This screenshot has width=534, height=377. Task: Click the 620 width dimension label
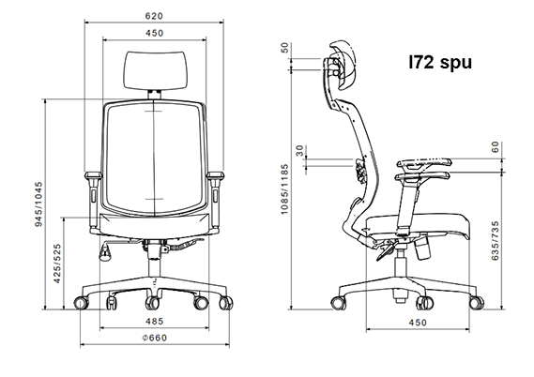point(154,16)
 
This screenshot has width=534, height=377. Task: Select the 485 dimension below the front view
point(155,321)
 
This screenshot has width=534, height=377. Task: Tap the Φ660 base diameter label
point(155,338)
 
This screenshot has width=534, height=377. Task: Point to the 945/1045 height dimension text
point(38,204)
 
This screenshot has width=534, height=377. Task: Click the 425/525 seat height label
point(57,263)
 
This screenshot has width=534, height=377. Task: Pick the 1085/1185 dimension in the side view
point(284,189)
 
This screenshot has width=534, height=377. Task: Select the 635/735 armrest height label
point(496,241)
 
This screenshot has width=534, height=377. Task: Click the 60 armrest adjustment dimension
point(496,147)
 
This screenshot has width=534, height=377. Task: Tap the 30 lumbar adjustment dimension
point(299,150)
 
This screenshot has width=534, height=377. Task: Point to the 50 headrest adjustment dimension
point(284,48)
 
